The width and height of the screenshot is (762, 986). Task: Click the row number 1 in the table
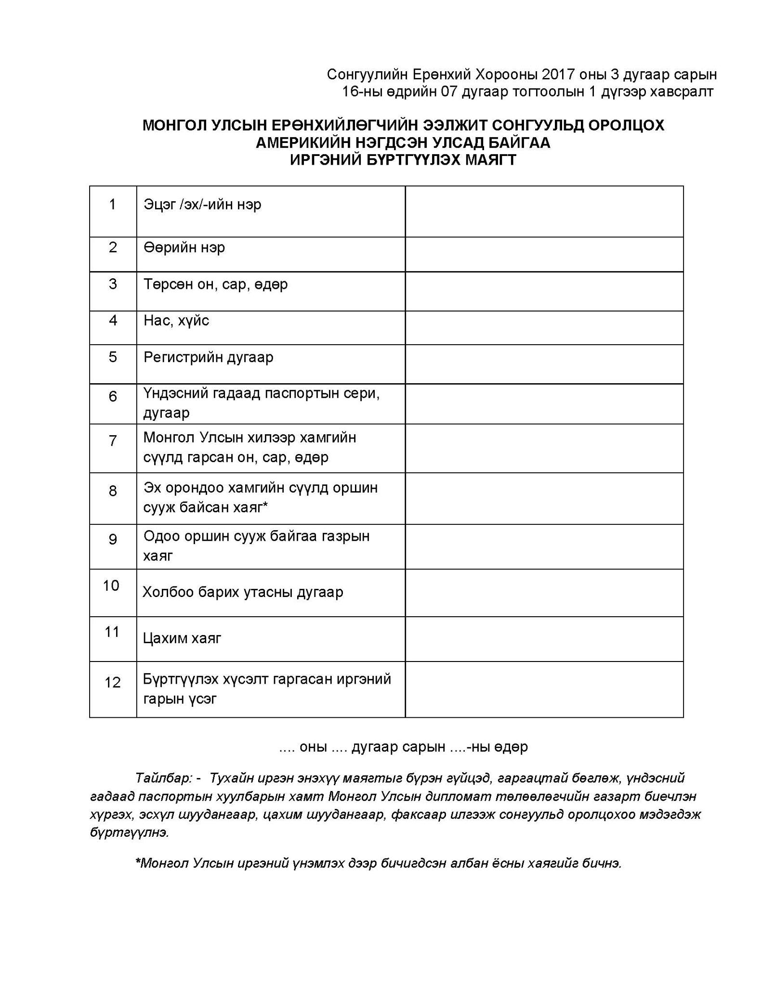click(112, 205)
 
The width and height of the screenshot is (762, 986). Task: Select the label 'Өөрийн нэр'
click(184, 247)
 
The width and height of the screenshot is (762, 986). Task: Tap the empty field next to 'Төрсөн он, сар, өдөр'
click(544, 291)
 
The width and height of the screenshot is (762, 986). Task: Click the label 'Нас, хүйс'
click(176, 321)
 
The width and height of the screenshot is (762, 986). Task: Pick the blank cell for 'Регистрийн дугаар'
click(544, 364)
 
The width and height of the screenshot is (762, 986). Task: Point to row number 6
click(112, 396)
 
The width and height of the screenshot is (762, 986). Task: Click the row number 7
click(112, 441)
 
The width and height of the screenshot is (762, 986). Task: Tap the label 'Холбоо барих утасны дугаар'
click(243, 592)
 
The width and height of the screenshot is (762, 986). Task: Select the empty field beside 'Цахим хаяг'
click(544, 639)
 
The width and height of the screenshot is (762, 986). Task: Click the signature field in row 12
click(544, 689)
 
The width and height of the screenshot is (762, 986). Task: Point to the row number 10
click(111, 586)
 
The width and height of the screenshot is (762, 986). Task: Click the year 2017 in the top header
click(558, 75)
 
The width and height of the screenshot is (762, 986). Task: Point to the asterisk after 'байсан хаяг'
click(265, 505)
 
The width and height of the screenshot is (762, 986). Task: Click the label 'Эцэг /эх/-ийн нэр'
click(202, 205)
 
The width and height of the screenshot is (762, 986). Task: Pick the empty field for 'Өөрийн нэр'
click(544, 254)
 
